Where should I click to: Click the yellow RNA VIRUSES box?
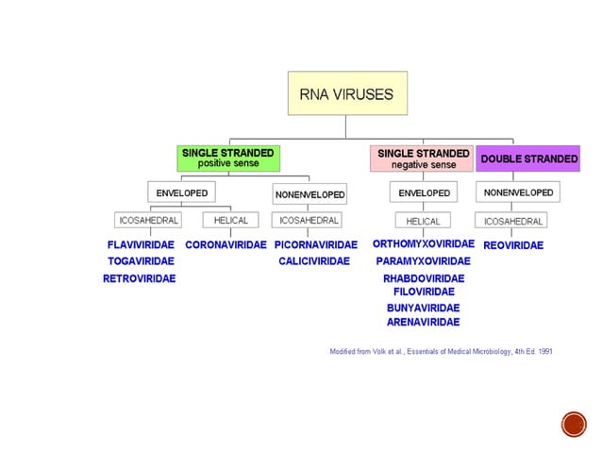tap(347, 92)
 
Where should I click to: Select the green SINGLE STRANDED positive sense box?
tap(227, 158)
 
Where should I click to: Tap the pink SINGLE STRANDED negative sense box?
tap(423, 159)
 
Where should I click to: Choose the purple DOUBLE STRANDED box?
tap(528, 159)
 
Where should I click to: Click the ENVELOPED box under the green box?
tap(181, 192)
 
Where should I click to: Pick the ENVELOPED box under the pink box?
tap(424, 192)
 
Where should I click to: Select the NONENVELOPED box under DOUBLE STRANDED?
tap(519, 192)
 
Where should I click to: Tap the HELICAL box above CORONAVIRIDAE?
tap(230, 220)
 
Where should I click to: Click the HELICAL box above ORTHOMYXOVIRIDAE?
tap(424, 221)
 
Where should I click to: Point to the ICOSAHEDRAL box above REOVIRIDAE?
tap(513, 221)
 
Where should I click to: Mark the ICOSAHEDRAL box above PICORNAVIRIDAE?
tap(309, 220)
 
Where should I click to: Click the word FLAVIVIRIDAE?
tap(141, 244)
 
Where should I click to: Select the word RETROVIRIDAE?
tap(140, 278)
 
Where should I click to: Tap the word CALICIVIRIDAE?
tap(314, 261)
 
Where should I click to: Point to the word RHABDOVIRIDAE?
tap(424, 278)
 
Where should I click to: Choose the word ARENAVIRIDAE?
tap(424, 322)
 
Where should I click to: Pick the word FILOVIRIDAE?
tap(424, 292)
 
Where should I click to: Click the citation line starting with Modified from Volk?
tap(441, 351)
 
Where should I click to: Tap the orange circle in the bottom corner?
tap(573, 424)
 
